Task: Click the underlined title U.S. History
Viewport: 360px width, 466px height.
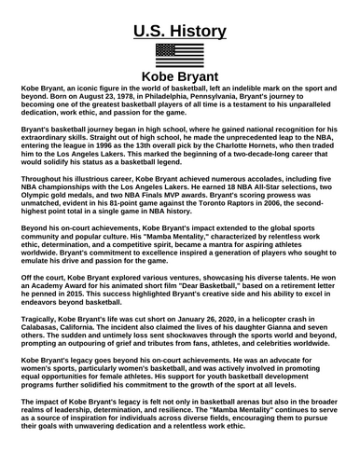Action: (180, 32)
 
